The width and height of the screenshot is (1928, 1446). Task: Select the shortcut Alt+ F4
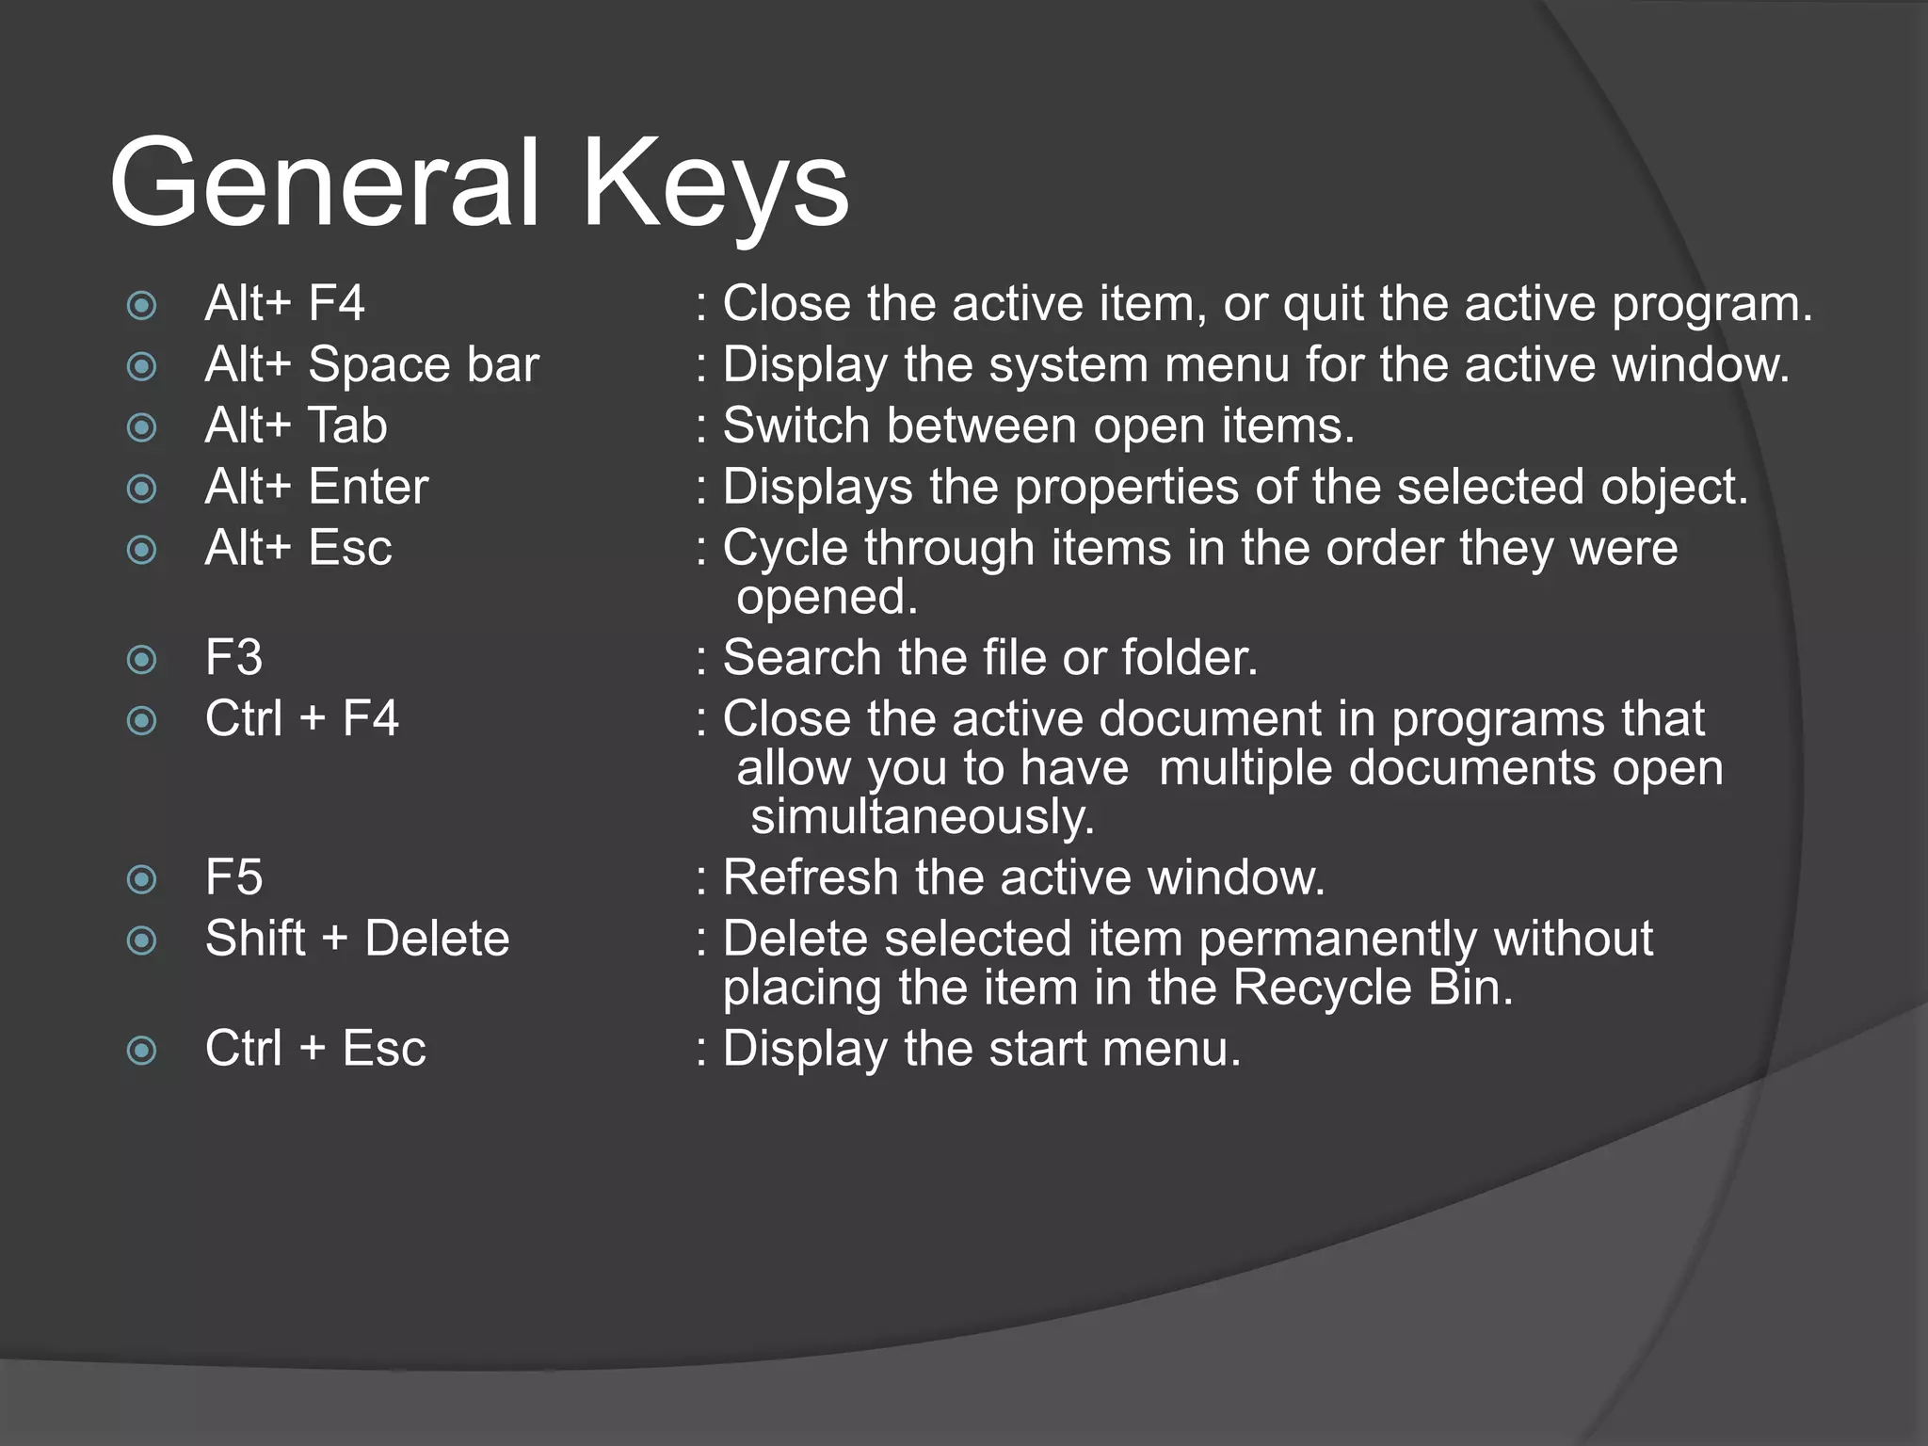tap(284, 304)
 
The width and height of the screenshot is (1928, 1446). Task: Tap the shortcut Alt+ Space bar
tap(372, 364)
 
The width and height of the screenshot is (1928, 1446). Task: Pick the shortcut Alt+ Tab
tap(296, 426)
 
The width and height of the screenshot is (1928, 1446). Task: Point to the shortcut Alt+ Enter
tap(316, 487)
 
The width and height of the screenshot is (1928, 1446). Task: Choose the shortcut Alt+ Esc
tap(298, 548)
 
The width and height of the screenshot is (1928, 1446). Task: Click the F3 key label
tap(233, 657)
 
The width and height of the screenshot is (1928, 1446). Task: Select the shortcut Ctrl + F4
tap(301, 718)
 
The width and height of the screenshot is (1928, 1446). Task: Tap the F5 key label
tap(233, 877)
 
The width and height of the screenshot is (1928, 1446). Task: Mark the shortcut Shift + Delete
tap(357, 939)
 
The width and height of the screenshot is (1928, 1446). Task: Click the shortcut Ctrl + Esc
tap(315, 1049)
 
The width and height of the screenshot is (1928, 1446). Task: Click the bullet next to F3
tap(141, 659)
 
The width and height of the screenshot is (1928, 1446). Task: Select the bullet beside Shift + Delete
tap(141, 940)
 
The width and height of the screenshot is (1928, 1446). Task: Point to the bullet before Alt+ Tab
tap(141, 427)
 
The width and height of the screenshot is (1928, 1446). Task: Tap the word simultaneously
tap(923, 816)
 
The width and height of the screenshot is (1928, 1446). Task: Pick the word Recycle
tap(1322, 988)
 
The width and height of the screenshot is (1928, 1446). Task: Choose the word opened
tap(827, 597)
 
